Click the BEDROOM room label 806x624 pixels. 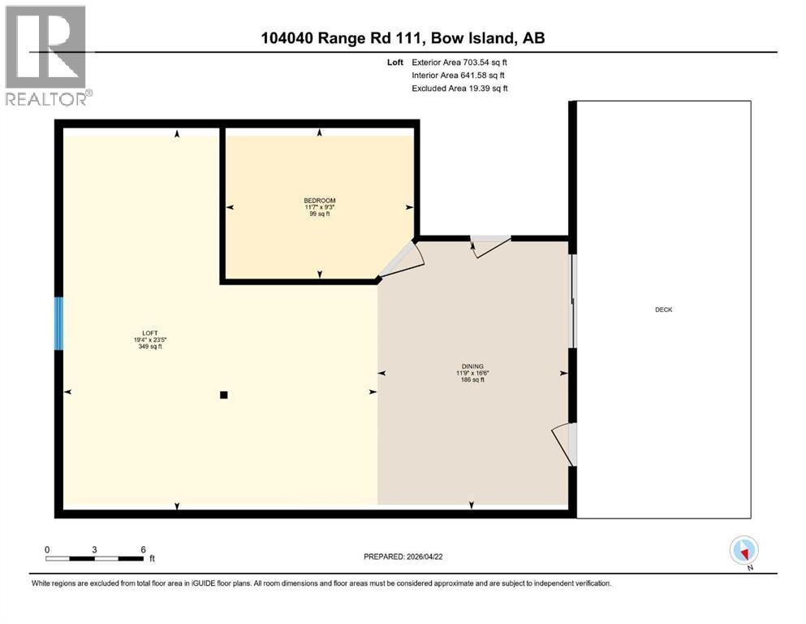click(319, 201)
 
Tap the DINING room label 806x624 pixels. click(472, 366)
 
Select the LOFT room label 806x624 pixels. click(149, 333)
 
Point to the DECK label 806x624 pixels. click(663, 310)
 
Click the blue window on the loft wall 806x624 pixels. click(58, 323)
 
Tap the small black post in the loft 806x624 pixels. click(224, 396)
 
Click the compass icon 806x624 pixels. click(744, 550)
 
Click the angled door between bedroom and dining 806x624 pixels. click(402, 259)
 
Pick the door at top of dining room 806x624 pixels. click(490, 245)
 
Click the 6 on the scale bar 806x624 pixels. click(143, 549)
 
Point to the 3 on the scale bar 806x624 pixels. click(95, 549)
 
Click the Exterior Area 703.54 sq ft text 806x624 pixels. click(460, 62)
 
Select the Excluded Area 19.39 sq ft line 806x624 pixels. click(460, 88)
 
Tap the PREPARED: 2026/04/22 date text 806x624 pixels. click(403, 557)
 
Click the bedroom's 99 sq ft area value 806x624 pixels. click(319, 214)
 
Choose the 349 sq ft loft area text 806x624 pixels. click(149, 346)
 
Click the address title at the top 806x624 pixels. click(403, 39)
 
